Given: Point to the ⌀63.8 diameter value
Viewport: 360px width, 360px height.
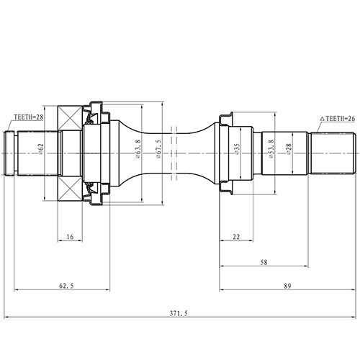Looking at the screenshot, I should [136, 151].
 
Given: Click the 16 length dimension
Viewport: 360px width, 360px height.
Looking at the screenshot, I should [69, 235].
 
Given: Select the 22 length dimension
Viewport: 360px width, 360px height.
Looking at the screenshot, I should [235, 235].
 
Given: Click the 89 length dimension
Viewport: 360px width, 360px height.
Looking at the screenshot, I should [288, 286].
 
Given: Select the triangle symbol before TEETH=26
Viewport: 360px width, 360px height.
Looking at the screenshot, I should [322, 117].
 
